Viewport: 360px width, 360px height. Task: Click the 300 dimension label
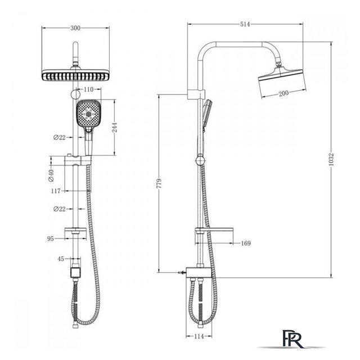pyautogui.click(x=75, y=28)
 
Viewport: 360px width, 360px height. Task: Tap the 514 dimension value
pyautogui.click(x=245, y=24)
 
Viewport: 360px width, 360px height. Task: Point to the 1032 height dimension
pyautogui.click(x=331, y=159)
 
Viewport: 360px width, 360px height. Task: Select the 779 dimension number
pyautogui.click(x=159, y=183)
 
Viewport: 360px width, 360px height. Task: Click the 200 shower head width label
pyautogui.click(x=283, y=93)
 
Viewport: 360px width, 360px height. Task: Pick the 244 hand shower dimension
pyautogui.click(x=114, y=127)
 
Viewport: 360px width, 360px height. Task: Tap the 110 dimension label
pyautogui.click(x=88, y=89)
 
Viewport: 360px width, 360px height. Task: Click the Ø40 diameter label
pyautogui.click(x=51, y=175)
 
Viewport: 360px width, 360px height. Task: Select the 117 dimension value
pyautogui.click(x=56, y=191)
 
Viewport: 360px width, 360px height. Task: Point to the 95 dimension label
pyautogui.click(x=50, y=238)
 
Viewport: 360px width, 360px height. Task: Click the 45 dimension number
pyautogui.click(x=61, y=259)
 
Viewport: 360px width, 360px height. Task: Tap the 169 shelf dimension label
pyautogui.click(x=246, y=243)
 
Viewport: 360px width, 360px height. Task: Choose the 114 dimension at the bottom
pyautogui.click(x=199, y=336)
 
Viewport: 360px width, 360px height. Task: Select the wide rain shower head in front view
pyautogui.click(x=75, y=75)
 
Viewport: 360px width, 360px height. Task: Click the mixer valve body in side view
pyautogui.click(x=198, y=272)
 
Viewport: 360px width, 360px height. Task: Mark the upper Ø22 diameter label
pyautogui.click(x=59, y=137)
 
